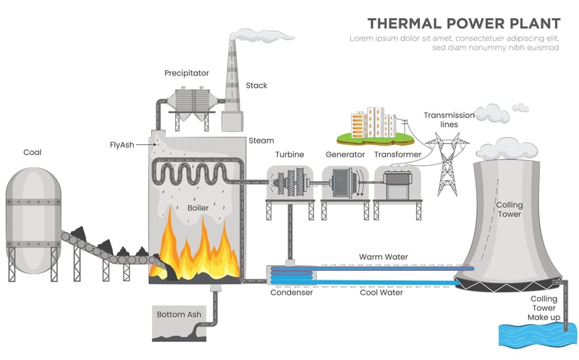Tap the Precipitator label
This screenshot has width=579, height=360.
coord(186,73)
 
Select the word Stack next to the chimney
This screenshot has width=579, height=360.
coord(256,85)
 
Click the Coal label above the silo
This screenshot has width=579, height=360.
coord(33,152)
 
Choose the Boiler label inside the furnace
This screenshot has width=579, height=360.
coord(198,207)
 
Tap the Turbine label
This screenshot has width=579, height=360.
coord(289,154)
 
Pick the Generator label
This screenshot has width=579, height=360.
coord(345,154)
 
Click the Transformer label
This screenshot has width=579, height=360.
coord(397,154)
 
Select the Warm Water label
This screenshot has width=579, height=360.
coord(384,257)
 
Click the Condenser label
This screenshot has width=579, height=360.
coord(292,293)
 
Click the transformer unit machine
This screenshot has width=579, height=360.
coord(397,186)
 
